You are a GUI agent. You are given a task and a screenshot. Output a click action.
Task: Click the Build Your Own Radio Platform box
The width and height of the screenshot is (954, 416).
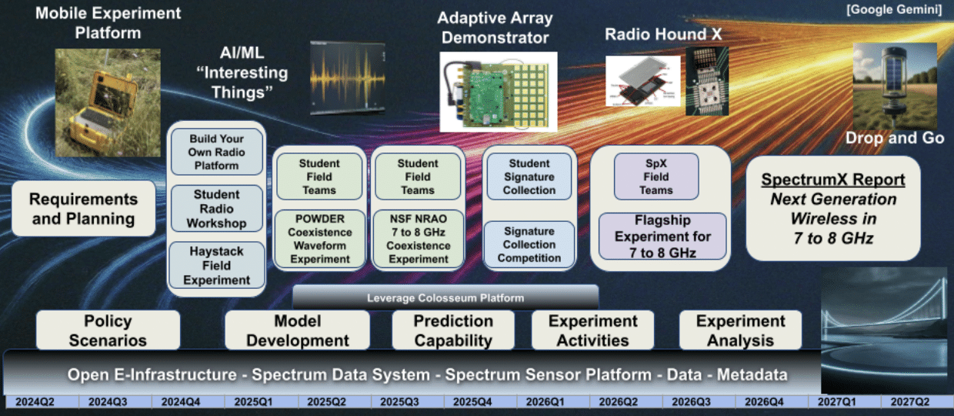[x=216, y=152]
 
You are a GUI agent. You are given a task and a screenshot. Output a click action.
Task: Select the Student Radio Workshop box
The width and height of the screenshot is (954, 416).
[x=216, y=209]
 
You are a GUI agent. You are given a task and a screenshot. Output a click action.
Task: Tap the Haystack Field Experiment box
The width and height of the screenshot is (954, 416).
[x=216, y=264]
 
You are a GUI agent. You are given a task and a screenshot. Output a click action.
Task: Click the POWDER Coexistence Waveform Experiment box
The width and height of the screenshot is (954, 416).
[x=320, y=239]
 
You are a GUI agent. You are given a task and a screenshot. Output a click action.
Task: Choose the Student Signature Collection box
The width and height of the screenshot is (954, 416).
[x=529, y=176]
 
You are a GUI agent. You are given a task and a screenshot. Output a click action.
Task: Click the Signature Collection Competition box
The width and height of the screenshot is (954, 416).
[x=529, y=244]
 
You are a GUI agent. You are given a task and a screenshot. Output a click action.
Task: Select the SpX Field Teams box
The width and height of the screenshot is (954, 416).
[x=655, y=176]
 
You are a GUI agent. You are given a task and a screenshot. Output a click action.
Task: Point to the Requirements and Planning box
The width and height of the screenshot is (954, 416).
[x=82, y=209]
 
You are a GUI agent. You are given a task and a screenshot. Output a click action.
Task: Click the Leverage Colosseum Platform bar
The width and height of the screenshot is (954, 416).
[x=445, y=297]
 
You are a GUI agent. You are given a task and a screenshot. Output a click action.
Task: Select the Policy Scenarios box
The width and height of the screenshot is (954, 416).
[x=108, y=330]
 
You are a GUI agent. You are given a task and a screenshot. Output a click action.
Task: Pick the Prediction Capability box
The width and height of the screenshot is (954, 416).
[x=453, y=330]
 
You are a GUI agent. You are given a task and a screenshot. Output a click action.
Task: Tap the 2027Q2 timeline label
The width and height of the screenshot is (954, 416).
[x=911, y=401]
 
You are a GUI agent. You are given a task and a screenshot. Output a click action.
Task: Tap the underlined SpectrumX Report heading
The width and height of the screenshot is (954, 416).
[x=833, y=180]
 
